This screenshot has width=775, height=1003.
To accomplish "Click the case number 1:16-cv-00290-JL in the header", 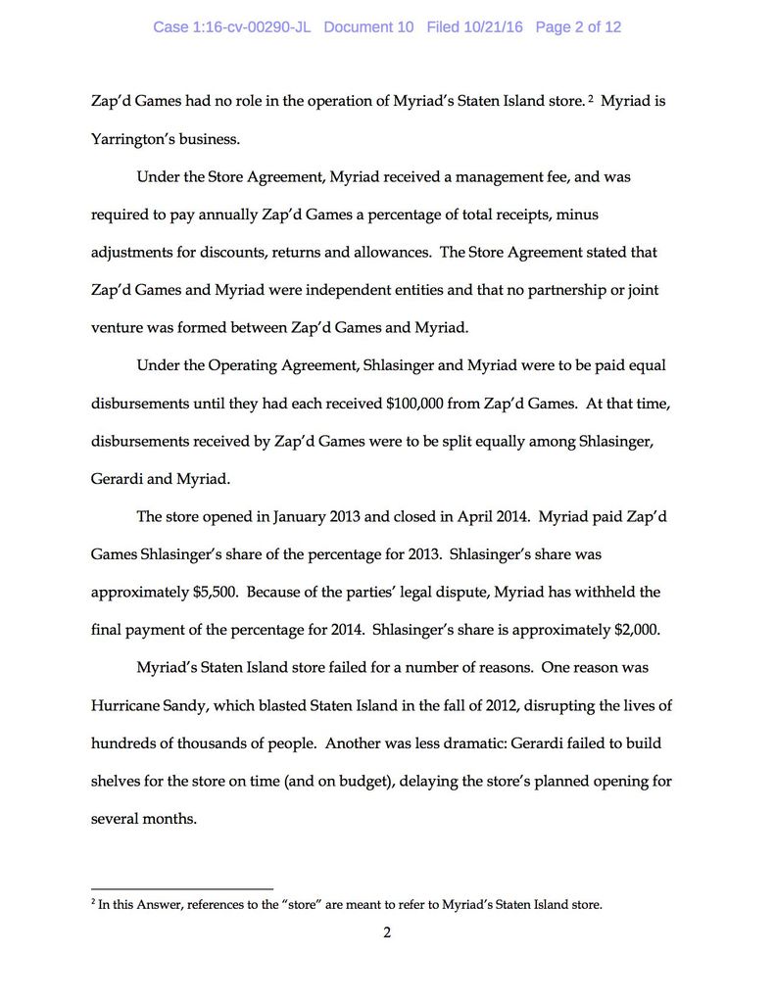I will click(231, 27).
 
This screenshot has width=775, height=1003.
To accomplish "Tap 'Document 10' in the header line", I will click(368, 27).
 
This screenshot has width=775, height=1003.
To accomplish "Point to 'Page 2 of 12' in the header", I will click(578, 27).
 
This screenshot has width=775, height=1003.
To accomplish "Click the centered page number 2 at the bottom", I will click(387, 932).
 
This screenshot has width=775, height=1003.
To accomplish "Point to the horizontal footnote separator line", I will click(181, 889).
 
